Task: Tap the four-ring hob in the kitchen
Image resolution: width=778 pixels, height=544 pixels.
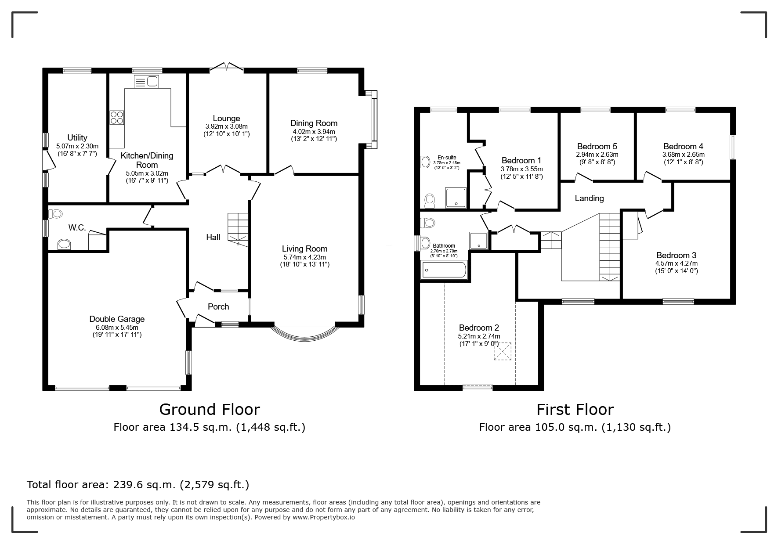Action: point(117,117)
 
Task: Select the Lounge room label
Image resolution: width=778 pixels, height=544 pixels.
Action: point(226,119)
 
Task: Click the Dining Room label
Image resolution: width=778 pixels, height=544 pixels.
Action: point(314,123)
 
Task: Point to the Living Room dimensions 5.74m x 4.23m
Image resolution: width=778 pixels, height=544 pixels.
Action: point(304,257)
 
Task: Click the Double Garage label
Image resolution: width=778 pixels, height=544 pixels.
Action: point(117,319)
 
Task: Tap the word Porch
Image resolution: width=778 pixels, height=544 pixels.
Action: point(218,307)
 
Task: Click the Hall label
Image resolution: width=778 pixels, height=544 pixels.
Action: point(213,238)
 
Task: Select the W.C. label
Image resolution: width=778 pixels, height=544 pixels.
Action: point(77,228)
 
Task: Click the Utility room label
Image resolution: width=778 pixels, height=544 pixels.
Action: point(77,138)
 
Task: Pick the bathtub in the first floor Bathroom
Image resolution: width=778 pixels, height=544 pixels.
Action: point(444,270)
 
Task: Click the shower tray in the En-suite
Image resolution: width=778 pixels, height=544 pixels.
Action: point(456,198)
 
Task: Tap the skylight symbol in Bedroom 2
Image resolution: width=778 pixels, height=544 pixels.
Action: point(503,352)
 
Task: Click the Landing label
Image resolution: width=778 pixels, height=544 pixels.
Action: point(589,198)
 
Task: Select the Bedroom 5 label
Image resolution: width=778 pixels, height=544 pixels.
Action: point(597,147)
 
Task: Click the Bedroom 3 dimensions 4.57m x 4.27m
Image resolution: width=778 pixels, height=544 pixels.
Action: point(677,263)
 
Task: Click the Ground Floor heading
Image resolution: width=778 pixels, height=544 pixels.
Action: point(210,410)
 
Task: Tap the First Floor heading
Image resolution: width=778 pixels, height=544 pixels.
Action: point(575,410)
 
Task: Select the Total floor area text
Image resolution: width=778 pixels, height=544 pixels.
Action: point(138,485)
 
